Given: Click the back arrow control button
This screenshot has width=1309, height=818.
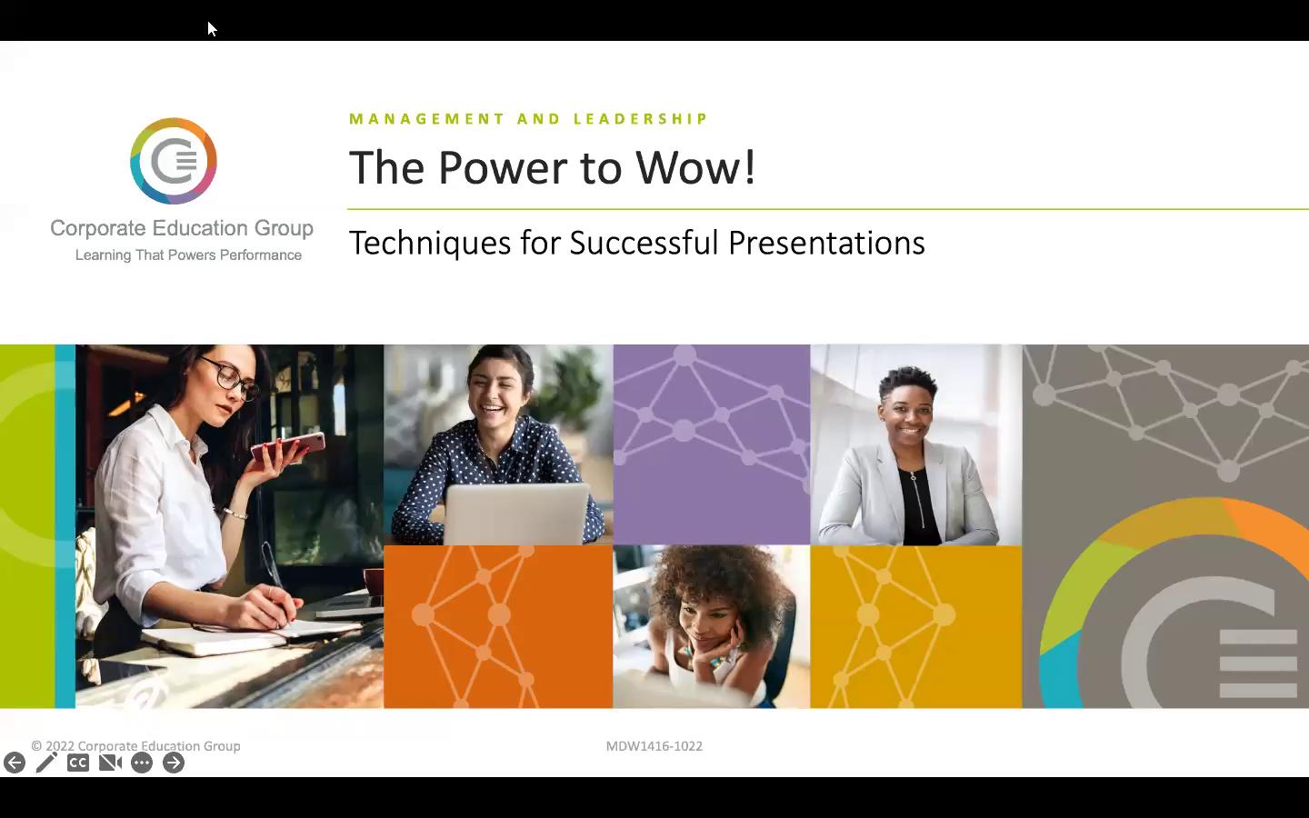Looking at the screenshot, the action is [15, 763].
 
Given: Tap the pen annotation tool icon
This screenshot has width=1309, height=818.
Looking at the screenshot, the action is [46, 763].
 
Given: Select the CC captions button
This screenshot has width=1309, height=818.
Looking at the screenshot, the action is [78, 763].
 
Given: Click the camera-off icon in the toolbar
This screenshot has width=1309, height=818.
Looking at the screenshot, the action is [110, 763].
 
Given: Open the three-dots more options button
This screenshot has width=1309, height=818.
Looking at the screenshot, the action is [142, 763].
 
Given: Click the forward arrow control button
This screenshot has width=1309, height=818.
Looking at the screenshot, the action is [173, 763].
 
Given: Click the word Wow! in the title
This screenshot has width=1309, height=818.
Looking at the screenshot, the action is [695, 167].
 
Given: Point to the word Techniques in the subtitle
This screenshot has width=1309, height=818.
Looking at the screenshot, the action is [429, 243].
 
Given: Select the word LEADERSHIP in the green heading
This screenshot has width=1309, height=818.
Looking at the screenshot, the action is [641, 118].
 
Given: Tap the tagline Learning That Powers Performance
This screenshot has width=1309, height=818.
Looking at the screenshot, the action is [188, 254].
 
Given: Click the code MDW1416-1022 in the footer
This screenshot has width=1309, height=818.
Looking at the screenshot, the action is [654, 746].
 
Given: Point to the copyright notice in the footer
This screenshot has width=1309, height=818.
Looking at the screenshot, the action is [135, 746].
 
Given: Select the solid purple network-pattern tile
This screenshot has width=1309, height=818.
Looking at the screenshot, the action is [712, 444].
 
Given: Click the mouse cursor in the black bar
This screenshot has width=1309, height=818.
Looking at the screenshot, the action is [212, 29].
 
